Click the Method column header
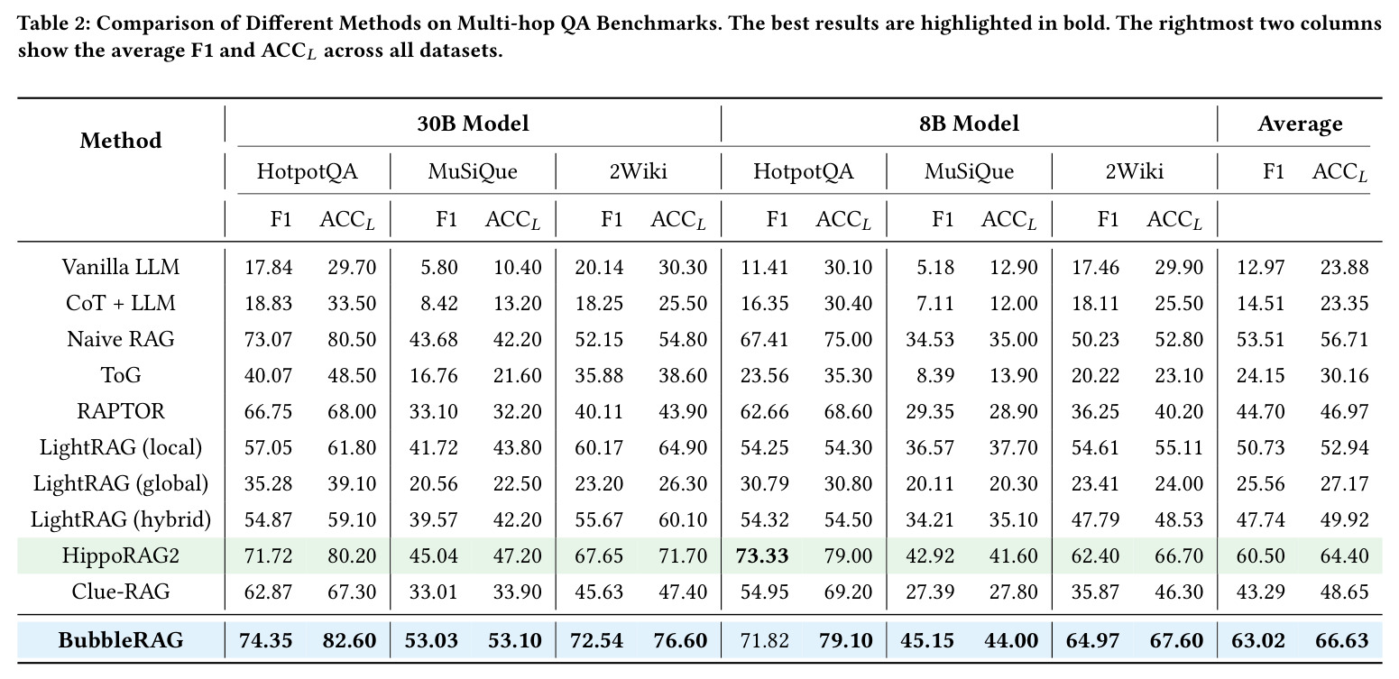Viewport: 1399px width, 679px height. coord(121,141)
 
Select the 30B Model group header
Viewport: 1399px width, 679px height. coord(473,124)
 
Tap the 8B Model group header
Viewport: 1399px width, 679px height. coord(969,124)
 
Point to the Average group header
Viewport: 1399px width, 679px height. coord(1300,124)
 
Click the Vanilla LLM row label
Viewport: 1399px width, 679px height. coord(121,267)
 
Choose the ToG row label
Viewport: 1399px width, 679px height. coord(121,375)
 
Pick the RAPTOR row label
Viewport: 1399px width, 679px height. coord(121,411)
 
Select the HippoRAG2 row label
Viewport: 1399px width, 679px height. coord(121,555)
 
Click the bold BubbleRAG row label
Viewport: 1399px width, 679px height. coord(121,640)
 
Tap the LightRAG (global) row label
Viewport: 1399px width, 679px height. coord(121,483)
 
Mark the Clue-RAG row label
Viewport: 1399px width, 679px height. coord(121,592)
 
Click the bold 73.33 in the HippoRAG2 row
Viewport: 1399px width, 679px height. coord(762,555)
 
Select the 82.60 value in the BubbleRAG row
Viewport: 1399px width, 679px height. coord(350,640)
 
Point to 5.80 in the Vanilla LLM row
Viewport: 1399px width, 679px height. coord(439,267)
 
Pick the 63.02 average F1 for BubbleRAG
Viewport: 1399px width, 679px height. coord(1258,640)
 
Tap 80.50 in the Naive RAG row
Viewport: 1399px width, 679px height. coord(353,339)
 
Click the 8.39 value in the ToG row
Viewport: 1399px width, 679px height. coord(935,375)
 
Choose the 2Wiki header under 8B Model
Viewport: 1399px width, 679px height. coord(1134,171)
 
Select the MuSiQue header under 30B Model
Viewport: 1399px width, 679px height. coord(473,171)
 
